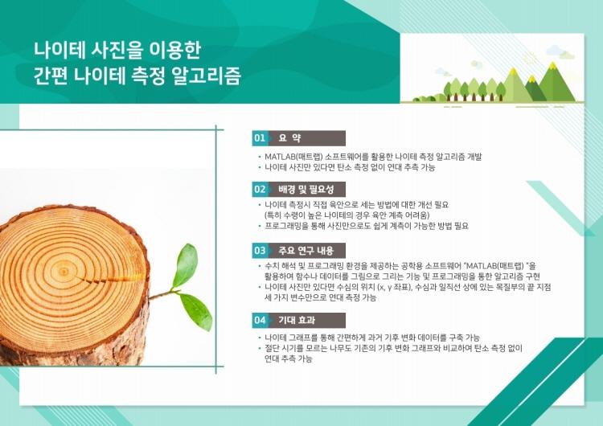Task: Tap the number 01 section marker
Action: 260,138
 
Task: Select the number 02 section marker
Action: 260,189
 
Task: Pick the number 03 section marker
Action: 260,251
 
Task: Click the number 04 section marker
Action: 260,320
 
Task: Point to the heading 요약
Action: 289,138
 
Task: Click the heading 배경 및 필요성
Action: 306,189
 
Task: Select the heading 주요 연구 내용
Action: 306,251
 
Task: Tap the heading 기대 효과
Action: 297,320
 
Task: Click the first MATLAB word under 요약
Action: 278,157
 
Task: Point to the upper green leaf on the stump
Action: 186,265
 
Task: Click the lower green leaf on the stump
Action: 196,311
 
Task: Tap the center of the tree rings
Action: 64,272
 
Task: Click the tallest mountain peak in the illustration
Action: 553,65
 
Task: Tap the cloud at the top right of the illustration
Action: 560,52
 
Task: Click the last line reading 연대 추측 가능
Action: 288,359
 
